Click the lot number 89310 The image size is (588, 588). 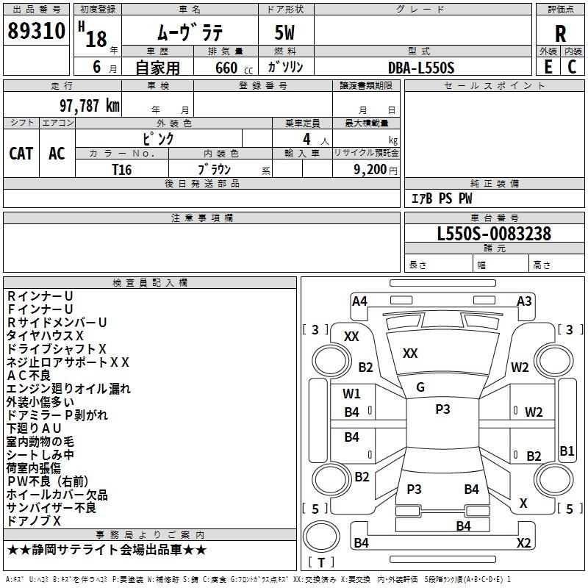[37, 32]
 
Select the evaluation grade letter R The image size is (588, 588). [560, 33]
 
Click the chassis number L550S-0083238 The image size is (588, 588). [494, 234]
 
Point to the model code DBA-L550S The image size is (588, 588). [421, 68]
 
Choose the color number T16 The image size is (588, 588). [122, 169]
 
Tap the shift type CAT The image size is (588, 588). [21, 153]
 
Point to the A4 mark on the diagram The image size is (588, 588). [359, 301]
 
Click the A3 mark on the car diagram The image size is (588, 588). [524, 301]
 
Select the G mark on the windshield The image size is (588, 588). [420, 387]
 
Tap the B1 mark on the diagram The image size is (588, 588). [567, 451]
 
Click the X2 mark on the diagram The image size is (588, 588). [523, 543]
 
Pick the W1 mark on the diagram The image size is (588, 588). [352, 393]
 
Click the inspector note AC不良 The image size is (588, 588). [29, 376]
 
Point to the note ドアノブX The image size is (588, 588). [34, 521]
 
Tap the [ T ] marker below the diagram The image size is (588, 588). [320, 562]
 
